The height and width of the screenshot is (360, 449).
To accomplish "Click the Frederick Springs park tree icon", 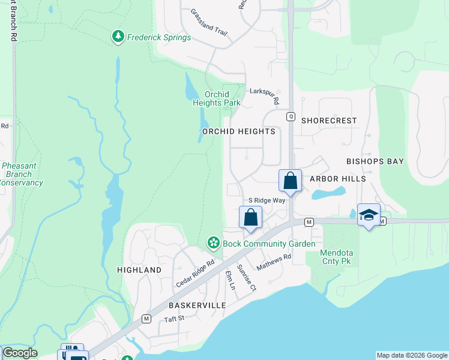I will (x=118, y=37).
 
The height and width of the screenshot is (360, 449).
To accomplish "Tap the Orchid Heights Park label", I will (x=217, y=98).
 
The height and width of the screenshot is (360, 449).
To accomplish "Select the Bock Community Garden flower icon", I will (x=212, y=243).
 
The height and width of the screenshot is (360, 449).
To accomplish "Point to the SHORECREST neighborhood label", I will (x=329, y=120).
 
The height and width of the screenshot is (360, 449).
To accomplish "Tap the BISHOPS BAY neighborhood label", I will (x=375, y=161).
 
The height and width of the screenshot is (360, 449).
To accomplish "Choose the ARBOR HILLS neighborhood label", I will (x=337, y=179).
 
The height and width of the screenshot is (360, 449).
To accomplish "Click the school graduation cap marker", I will (x=369, y=215).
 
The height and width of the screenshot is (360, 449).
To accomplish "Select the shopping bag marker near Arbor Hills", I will (x=290, y=181).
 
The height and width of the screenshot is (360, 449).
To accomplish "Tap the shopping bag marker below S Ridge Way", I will (x=250, y=217).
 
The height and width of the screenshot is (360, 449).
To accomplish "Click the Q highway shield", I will (x=290, y=117).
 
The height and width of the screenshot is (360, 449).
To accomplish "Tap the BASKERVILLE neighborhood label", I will (x=197, y=305).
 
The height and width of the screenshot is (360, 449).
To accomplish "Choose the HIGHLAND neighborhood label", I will (x=139, y=270).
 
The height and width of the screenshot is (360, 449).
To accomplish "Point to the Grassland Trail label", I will (x=208, y=22).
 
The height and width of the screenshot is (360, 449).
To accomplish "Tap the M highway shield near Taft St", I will (x=145, y=318).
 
